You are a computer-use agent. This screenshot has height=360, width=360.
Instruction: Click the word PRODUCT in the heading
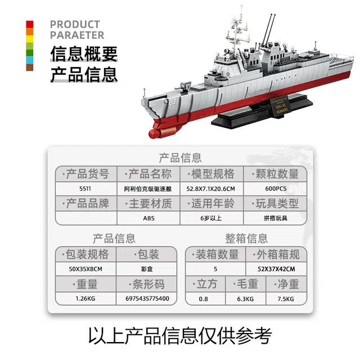[x=75, y=24]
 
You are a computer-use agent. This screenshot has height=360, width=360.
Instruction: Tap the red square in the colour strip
[x=30, y=24]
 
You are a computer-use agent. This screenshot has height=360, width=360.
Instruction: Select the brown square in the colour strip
[x=30, y=67]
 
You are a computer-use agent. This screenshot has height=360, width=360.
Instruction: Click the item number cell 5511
[x=85, y=189]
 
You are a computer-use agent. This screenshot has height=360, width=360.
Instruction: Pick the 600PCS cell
[x=276, y=189]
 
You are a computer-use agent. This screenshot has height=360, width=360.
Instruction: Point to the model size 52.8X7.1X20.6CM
[x=210, y=189]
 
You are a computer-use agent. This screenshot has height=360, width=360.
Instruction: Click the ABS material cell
[x=148, y=218]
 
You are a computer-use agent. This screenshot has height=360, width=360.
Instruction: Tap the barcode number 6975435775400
[x=147, y=299]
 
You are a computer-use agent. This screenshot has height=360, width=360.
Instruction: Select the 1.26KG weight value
[x=85, y=299]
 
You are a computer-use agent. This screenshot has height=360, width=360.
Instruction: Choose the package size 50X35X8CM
[x=85, y=269]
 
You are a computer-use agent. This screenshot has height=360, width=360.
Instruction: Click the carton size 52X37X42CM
[x=276, y=269]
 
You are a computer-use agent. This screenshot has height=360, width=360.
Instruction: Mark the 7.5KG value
[x=286, y=299]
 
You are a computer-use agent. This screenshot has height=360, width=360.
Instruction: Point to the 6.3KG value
[x=245, y=299]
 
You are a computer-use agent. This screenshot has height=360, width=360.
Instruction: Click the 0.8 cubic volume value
[x=204, y=299]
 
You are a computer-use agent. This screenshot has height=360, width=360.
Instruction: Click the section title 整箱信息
[x=246, y=238]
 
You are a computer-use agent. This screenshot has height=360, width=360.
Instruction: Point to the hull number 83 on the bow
[x=173, y=102]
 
